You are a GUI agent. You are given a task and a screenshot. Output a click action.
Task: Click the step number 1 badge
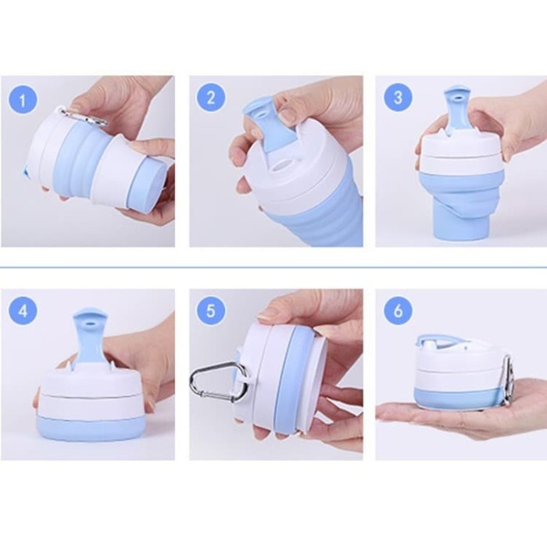click(x=23, y=101)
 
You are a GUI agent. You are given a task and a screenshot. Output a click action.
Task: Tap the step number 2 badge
click(x=211, y=98)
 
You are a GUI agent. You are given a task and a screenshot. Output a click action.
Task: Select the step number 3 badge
click(x=398, y=98)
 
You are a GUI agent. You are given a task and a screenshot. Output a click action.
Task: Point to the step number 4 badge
click(x=23, y=310)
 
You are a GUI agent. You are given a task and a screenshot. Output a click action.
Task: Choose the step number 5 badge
click(x=211, y=310)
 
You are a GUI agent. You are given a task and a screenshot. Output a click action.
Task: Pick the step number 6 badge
click(x=398, y=310)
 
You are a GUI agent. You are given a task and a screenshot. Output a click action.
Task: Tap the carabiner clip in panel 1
click(x=84, y=116)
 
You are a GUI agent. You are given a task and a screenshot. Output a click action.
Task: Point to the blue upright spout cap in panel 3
click(x=456, y=110)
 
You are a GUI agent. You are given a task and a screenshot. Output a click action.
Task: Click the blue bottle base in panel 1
click(x=146, y=185)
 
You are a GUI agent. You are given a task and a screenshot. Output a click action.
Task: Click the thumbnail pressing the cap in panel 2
click(x=287, y=117)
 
